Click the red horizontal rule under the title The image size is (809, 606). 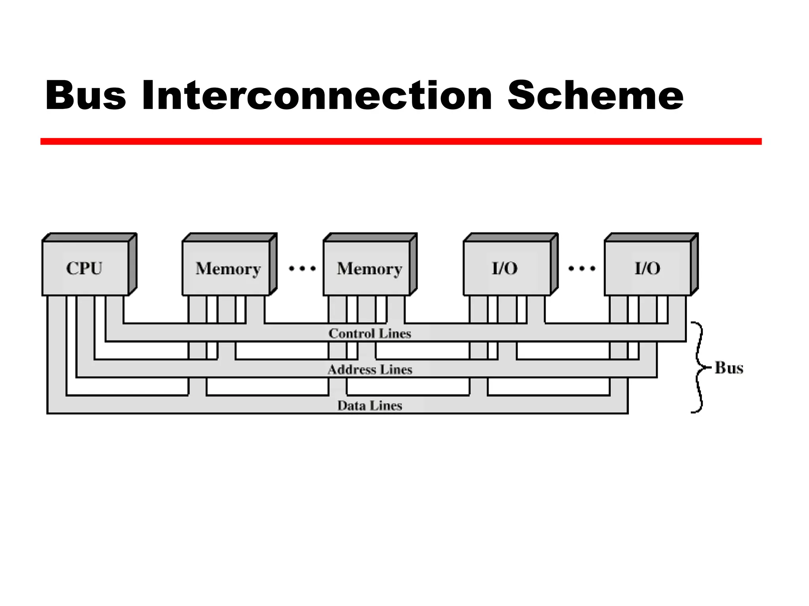tap(401, 141)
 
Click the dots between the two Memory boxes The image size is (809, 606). tap(302, 269)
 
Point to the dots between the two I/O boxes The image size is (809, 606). tap(581, 269)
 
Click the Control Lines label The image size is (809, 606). tap(370, 334)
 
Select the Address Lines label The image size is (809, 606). tap(370, 370)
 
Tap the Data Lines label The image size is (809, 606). tap(370, 406)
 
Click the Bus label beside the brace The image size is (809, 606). tap(729, 368)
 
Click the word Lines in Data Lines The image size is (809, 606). tap(386, 406)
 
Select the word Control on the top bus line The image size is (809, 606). tap(352, 334)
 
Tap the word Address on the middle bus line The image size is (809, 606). tap(352, 370)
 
